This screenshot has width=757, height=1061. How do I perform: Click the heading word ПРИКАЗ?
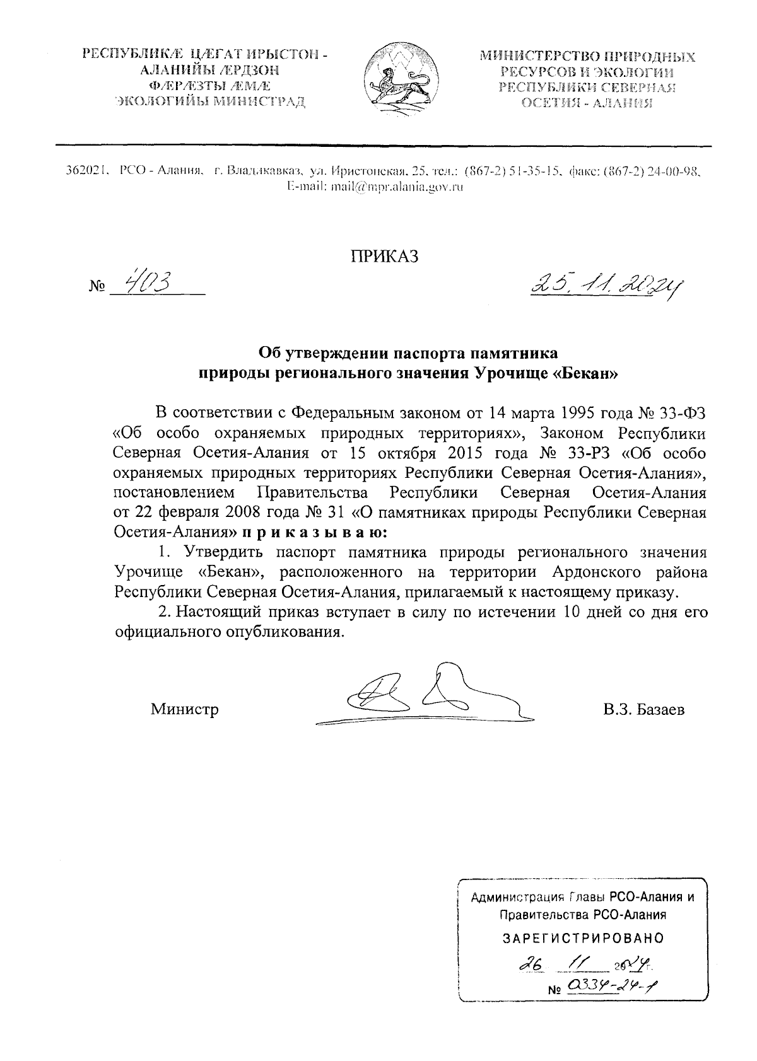coord(384,256)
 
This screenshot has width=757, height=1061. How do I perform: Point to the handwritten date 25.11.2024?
coord(609,287)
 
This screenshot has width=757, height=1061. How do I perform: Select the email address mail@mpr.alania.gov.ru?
coord(375,187)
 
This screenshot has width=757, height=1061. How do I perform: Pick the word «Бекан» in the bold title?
coord(586,373)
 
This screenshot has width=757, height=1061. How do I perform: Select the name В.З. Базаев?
coord(643,710)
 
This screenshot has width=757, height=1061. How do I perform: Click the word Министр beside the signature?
coord(185,710)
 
